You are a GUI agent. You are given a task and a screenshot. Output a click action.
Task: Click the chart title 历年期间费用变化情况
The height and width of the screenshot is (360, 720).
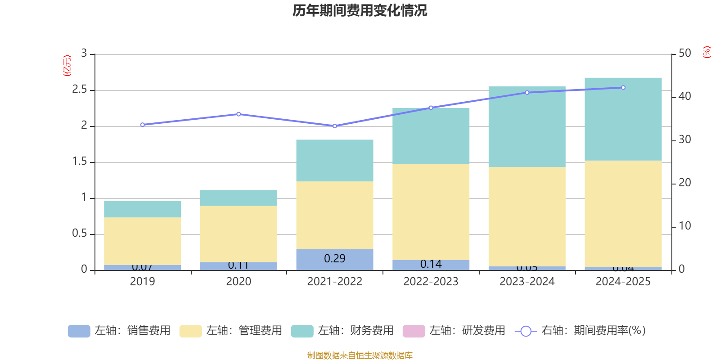[x=360, y=10]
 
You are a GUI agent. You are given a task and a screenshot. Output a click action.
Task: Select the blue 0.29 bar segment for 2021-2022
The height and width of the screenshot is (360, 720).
[x=334, y=259]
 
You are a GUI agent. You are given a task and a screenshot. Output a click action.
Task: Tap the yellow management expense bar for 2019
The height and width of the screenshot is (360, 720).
[x=142, y=241]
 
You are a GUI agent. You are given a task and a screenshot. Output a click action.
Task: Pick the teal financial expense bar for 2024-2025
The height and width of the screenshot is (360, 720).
[x=623, y=119]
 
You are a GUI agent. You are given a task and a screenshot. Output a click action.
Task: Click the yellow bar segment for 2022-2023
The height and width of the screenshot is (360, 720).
[x=431, y=212]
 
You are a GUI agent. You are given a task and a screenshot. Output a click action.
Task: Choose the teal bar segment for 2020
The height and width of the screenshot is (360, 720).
[x=238, y=198]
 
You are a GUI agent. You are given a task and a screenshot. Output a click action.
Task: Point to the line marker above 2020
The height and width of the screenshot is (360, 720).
[x=238, y=114]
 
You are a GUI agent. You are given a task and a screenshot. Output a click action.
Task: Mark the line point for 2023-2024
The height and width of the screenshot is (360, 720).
[x=527, y=93]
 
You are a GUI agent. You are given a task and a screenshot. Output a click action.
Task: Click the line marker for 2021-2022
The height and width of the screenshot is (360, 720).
[x=334, y=126]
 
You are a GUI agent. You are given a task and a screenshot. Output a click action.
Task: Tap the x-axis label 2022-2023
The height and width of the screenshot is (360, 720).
[x=431, y=282]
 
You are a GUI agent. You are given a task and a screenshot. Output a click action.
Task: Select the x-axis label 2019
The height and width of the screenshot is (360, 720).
[x=142, y=282]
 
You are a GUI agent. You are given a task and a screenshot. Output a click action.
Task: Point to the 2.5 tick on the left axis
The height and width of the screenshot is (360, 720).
[x=80, y=90]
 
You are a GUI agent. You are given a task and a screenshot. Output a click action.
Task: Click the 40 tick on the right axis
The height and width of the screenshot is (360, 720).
[x=684, y=96]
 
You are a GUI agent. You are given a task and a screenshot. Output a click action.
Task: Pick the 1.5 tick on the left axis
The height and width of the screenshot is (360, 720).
[x=80, y=162]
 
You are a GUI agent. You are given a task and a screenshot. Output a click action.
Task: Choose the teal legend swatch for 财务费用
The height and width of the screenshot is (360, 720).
[x=302, y=331]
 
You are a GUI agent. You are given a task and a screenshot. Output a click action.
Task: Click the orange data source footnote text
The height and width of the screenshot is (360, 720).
[x=360, y=355]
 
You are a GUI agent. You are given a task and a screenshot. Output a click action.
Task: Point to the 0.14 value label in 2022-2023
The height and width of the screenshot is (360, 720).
[x=431, y=264]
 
